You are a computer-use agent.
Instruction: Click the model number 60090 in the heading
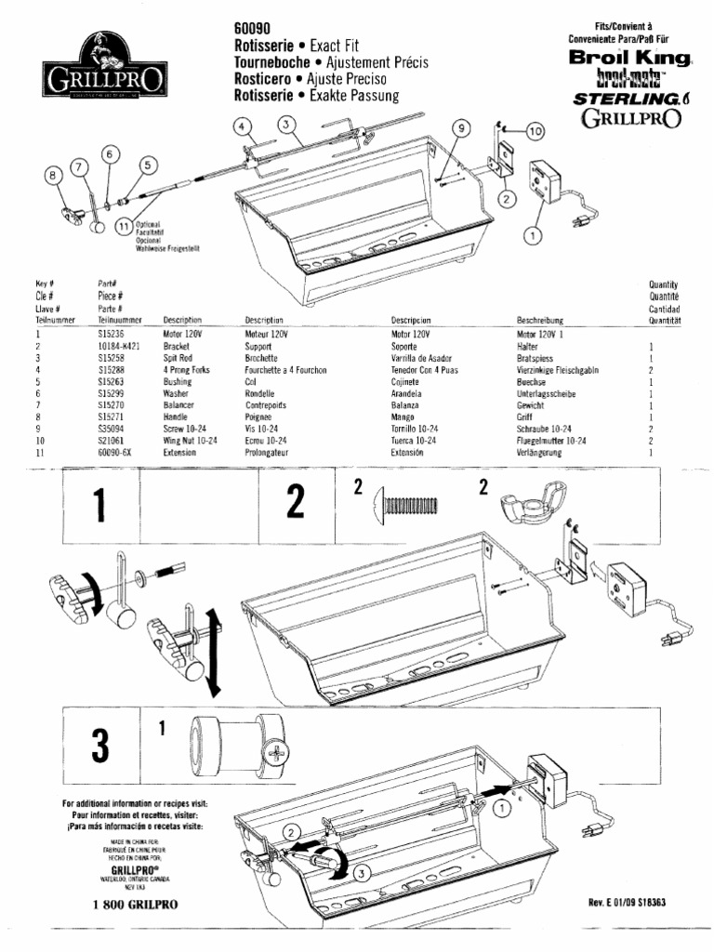pyautogui.click(x=252, y=29)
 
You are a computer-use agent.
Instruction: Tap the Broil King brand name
pyautogui.click(x=630, y=58)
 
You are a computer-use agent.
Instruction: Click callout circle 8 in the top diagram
pyautogui.click(x=53, y=174)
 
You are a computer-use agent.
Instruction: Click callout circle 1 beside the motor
pyautogui.click(x=532, y=235)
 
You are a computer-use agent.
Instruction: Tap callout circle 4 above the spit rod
pyautogui.click(x=241, y=127)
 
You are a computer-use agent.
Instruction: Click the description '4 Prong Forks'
pyautogui.click(x=186, y=370)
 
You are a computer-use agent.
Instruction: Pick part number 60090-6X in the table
pyautogui.click(x=113, y=453)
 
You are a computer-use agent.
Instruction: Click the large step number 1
pyautogui.click(x=100, y=506)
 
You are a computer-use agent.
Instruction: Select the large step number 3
pyautogui.click(x=99, y=744)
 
